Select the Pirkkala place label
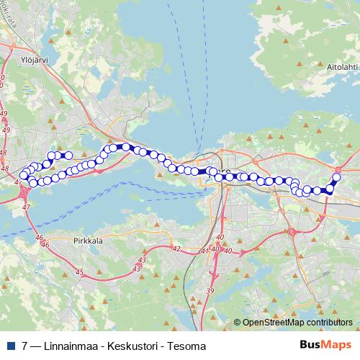pyautogui.click(x=90, y=241)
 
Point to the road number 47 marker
pyautogui.click(x=27, y=207)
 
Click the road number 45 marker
pyautogui.click(x=79, y=272)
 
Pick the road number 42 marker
pyautogui.click(x=175, y=248)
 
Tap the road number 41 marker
pyautogui.click(x=204, y=251)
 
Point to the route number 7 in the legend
pyautogui.click(x=25, y=346)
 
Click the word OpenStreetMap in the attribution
pyautogui.click(x=271, y=323)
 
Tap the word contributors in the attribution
pyautogui.click(x=327, y=323)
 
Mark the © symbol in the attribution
pyautogui.click(x=238, y=323)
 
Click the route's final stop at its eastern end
pyautogui.click(x=336, y=177)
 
